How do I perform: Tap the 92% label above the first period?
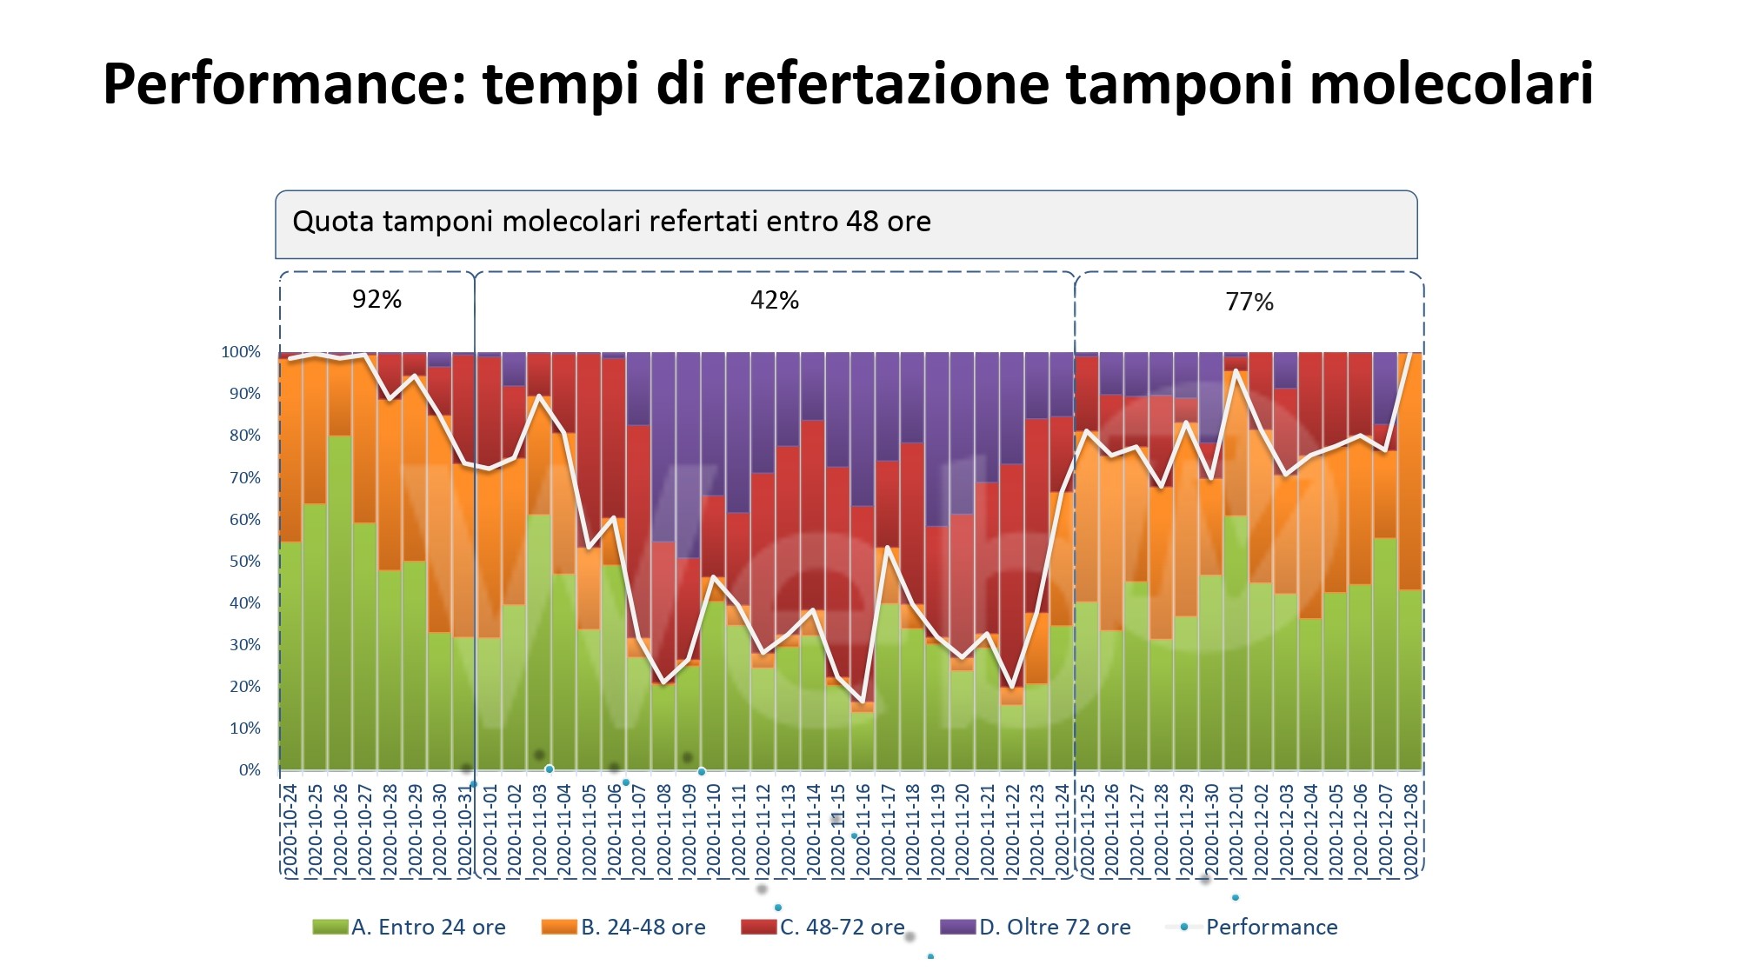(x=376, y=300)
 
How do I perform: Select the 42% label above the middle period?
(x=774, y=301)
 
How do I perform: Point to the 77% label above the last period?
(x=1249, y=303)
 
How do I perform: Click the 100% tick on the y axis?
(x=241, y=352)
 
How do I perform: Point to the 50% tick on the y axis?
(x=244, y=562)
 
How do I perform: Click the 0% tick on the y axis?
(x=250, y=770)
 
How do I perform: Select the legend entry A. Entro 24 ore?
(x=410, y=928)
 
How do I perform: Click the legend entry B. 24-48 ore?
(x=623, y=928)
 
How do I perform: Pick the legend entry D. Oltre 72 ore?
(x=1036, y=928)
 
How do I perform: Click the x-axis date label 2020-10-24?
(x=290, y=830)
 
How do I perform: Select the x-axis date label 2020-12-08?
(x=1411, y=830)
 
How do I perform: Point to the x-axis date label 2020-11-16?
(x=863, y=830)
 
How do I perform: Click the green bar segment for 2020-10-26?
(x=340, y=609)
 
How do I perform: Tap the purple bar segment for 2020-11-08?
(x=663, y=443)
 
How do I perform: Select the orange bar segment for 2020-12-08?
(x=1410, y=469)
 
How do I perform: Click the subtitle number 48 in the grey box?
(x=862, y=222)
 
